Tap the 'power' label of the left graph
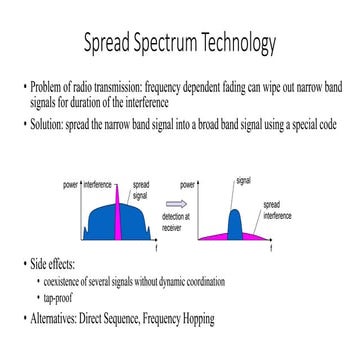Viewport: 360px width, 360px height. (x=71, y=186)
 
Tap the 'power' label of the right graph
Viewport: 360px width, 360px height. (x=187, y=186)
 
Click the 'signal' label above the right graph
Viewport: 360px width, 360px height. (x=243, y=181)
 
